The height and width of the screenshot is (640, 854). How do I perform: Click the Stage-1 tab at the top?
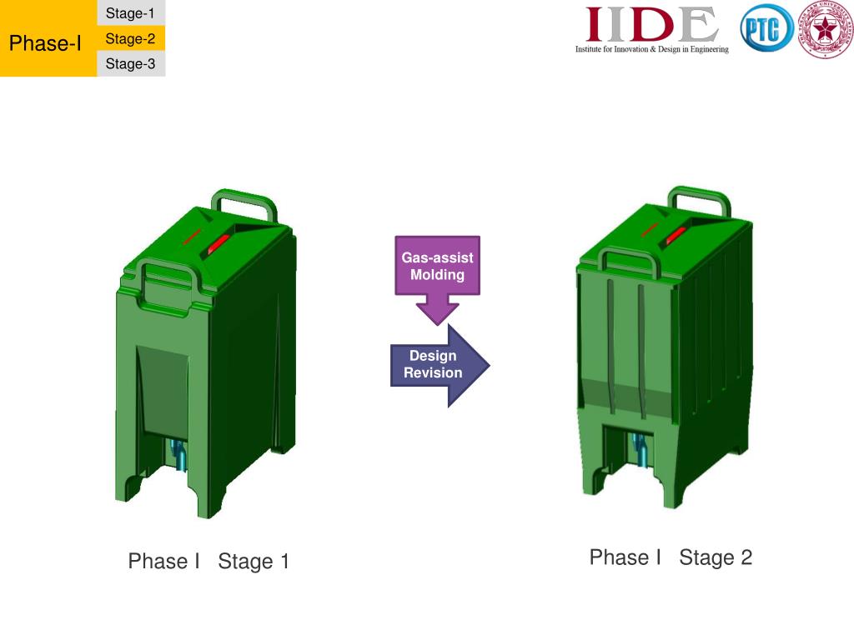(x=130, y=13)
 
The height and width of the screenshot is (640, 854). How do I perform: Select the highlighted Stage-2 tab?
(x=130, y=38)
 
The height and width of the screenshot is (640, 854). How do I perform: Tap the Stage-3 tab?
(x=130, y=63)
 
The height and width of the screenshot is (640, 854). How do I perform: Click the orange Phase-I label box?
(x=46, y=42)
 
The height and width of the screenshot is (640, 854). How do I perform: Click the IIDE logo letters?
(x=651, y=24)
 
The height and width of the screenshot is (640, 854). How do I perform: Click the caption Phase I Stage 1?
(x=208, y=562)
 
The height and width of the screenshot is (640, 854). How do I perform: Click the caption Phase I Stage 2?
(x=671, y=557)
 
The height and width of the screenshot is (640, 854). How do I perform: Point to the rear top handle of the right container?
(x=700, y=196)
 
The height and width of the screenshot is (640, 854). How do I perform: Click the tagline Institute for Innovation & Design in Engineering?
(x=651, y=50)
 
